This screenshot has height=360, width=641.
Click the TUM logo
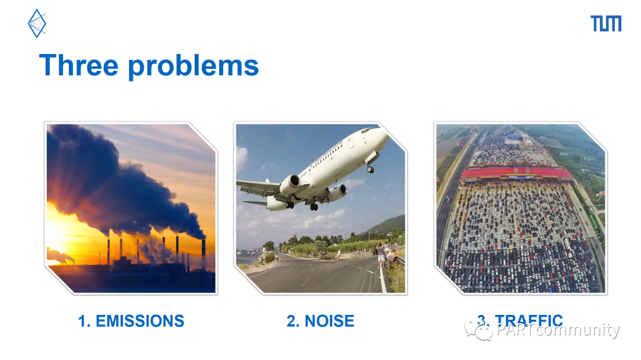tap(606, 23)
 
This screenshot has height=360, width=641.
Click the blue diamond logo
tap(37, 24)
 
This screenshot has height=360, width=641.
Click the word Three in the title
tap(79, 65)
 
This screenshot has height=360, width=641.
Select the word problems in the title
tap(193, 67)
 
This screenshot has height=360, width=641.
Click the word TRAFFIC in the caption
tap(529, 320)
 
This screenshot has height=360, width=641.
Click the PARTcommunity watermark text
tap(558, 330)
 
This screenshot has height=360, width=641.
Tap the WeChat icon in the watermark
tap(478, 330)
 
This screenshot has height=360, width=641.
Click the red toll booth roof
tap(516, 173)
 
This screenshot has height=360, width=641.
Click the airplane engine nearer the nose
tap(290, 184)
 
